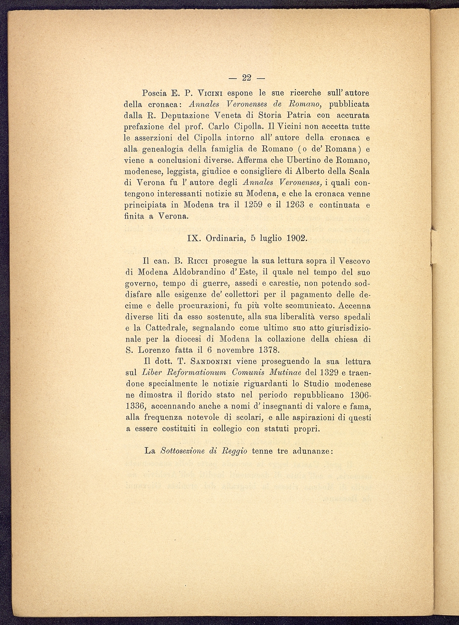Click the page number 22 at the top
(x=247, y=78)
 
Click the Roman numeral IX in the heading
(x=194, y=238)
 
